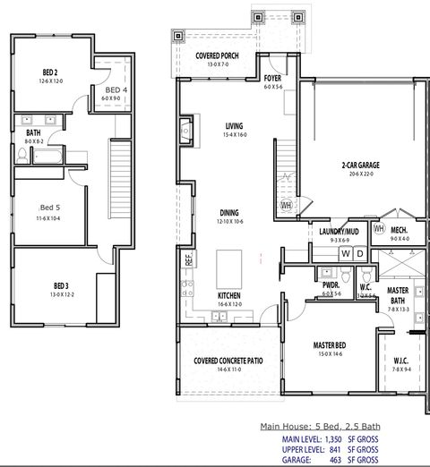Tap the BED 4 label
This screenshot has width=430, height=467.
point(116,90)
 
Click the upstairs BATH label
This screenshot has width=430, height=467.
point(33,132)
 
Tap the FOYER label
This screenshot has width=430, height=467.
point(273,79)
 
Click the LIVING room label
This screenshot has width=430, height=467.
point(235,126)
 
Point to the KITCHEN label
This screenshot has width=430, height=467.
point(229,295)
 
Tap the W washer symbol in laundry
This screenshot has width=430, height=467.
point(345,254)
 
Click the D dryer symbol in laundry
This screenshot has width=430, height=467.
point(359,254)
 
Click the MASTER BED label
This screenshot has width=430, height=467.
point(331,344)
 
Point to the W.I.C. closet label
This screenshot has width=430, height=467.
point(400,361)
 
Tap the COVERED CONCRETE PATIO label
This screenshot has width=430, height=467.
point(228,361)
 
